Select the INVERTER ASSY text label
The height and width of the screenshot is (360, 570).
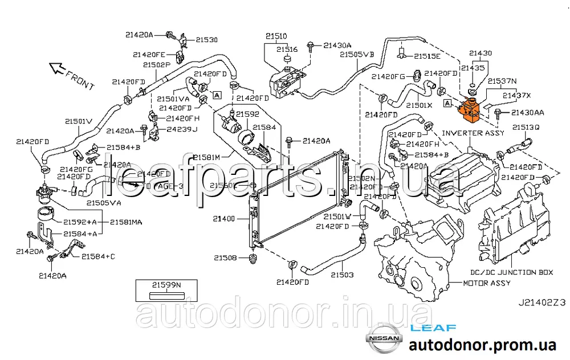473,133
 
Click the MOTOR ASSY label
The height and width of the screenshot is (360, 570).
486,283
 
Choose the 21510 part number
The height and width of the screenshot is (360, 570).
276,35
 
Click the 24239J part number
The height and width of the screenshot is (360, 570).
182,129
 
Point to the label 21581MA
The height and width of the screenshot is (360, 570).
127,222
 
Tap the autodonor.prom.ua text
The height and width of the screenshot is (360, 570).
482,345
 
